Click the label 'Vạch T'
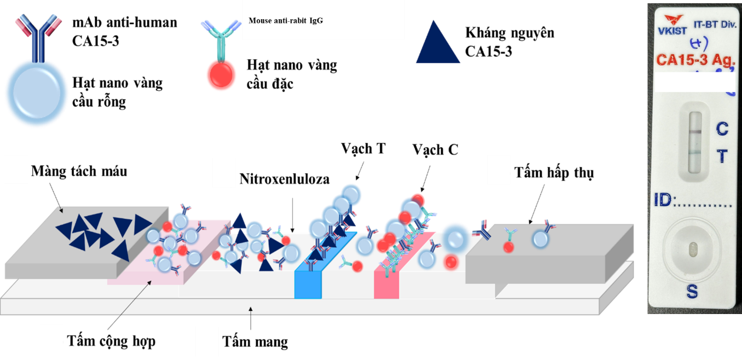(x=363, y=149)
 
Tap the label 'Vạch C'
(x=435, y=150)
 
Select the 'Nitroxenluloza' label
(x=285, y=179)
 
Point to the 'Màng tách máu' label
(x=79, y=171)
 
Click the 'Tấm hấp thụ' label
(x=554, y=173)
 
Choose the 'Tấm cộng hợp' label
(x=111, y=341)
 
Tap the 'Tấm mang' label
(x=255, y=342)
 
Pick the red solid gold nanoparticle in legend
(x=221, y=75)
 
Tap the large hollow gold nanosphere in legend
(x=37, y=92)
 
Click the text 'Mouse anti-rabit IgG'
(x=286, y=21)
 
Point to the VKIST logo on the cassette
(x=672, y=25)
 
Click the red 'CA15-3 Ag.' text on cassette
(x=695, y=60)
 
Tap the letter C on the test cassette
(x=722, y=129)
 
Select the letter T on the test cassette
(x=722, y=156)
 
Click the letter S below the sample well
(x=692, y=292)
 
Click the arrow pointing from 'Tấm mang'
(x=251, y=318)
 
